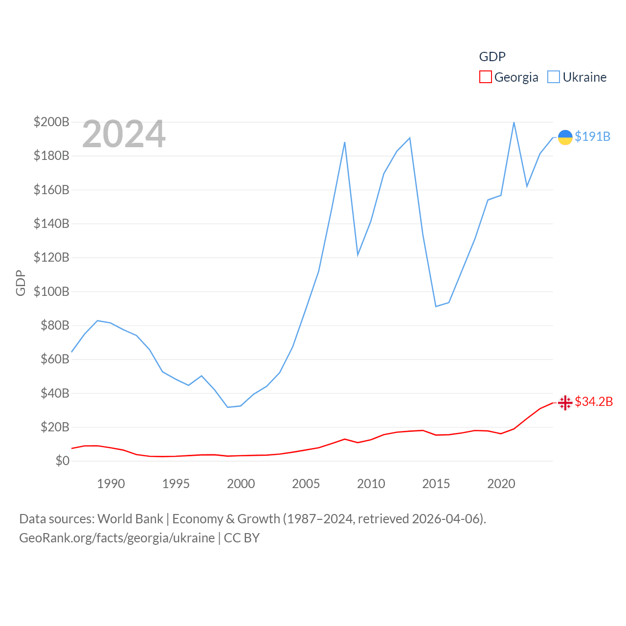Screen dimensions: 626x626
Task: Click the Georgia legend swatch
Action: click(485, 77)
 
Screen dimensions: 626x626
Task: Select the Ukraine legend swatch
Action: click(553, 77)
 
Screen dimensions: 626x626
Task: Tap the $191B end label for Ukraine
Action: click(592, 136)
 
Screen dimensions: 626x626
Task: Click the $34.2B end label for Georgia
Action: click(594, 402)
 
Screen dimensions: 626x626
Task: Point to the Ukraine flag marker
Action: click(565, 137)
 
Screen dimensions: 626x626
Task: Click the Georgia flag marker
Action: click(565, 402)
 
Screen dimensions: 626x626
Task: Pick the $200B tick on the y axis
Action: click(51, 122)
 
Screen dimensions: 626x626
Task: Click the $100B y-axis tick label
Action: click(51, 291)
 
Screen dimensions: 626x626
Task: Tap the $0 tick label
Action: click(62, 461)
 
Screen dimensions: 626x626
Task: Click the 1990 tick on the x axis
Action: click(111, 484)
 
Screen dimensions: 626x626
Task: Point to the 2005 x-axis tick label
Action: click(306, 484)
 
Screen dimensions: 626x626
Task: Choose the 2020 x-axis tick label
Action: click(501, 484)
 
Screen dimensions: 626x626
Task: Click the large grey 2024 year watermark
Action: click(124, 134)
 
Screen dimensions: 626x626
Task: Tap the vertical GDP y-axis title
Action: click(21, 283)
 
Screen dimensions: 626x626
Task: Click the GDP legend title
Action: click(492, 57)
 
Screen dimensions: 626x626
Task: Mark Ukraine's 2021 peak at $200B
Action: click(514, 122)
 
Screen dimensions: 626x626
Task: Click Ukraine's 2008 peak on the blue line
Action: click(345, 142)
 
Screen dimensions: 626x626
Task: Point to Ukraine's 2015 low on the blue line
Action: click(436, 306)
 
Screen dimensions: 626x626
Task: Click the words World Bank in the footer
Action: click(130, 518)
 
